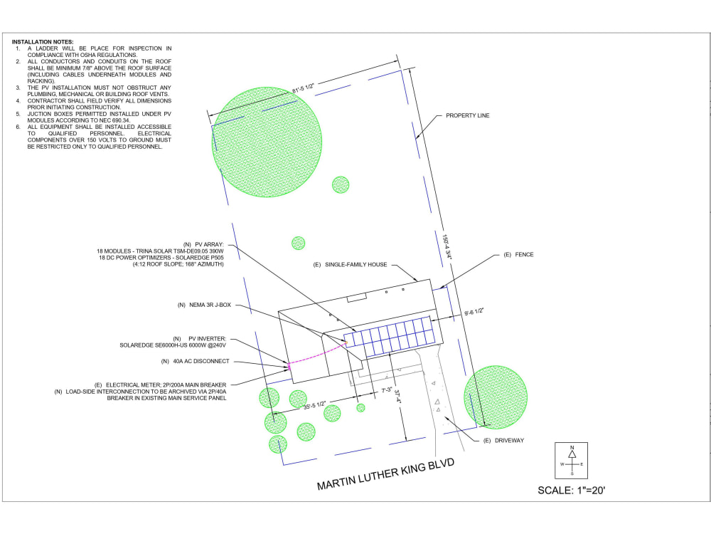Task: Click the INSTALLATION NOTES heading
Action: pyautogui.click(x=43, y=42)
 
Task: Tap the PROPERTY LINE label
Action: pyautogui.click(x=468, y=115)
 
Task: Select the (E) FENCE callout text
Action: pyautogui.click(x=518, y=255)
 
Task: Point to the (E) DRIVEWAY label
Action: pyautogui.click(x=503, y=441)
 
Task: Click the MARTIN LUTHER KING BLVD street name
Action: pyautogui.click(x=385, y=474)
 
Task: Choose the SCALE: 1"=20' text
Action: pyautogui.click(x=572, y=491)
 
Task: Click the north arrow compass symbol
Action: pyautogui.click(x=572, y=461)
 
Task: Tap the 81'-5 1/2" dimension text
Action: pyautogui.click(x=303, y=88)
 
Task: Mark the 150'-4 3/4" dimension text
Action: pyautogui.click(x=447, y=246)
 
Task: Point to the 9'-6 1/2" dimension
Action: pyautogui.click(x=474, y=312)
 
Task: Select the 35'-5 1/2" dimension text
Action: pyautogui.click(x=314, y=405)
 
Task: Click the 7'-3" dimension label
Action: pyautogui.click(x=387, y=390)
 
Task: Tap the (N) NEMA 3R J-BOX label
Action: pyautogui.click(x=204, y=305)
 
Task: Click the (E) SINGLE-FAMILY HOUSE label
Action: pyautogui.click(x=350, y=265)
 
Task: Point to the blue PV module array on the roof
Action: pyautogui.click(x=389, y=337)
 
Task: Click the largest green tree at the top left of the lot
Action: pyautogui.click(x=267, y=142)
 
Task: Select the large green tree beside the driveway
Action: pyautogui.click(x=496, y=397)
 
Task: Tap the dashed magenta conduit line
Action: pyautogui.click(x=317, y=354)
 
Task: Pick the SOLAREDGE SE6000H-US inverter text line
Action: pyautogui.click(x=173, y=345)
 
